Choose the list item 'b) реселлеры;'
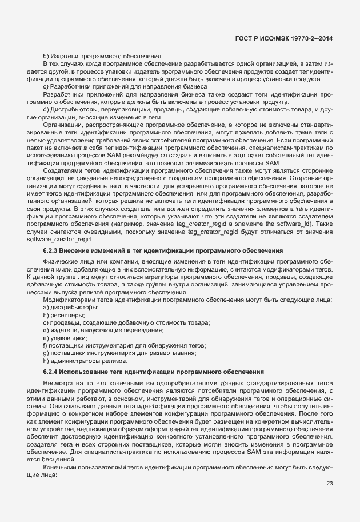pyautogui.click(x=64, y=315)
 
